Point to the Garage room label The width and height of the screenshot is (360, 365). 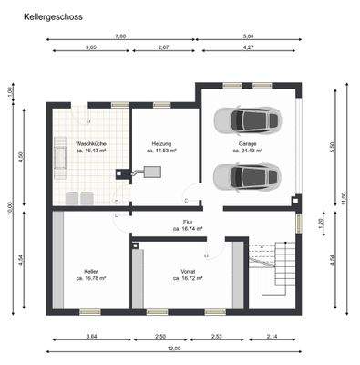coord(247,143)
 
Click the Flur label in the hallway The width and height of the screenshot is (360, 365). coord(188,223)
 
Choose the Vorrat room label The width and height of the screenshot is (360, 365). coord(188,271)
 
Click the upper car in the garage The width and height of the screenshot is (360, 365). coord(245,120)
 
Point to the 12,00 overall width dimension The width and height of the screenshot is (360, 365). coord(173,349)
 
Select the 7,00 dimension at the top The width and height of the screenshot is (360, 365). coord(120,36)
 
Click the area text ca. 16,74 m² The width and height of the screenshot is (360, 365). coord(188,229)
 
